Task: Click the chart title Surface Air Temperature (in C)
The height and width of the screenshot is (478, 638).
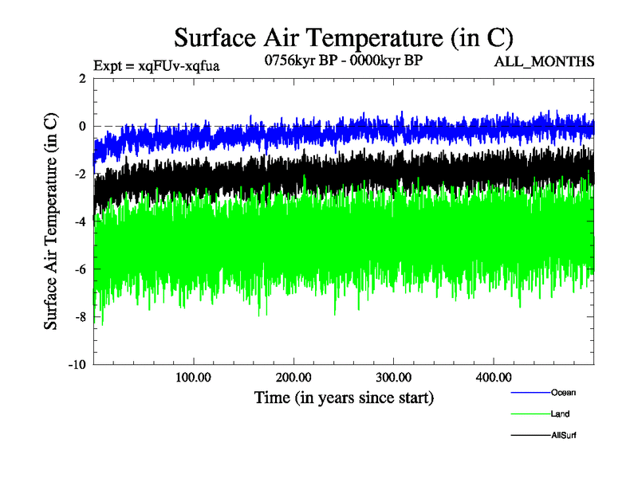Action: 343,37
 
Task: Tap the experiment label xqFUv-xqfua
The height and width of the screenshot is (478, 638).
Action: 156,65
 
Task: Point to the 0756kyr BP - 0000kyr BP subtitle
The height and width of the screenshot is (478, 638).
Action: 342,59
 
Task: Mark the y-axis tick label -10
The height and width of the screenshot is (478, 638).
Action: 77,365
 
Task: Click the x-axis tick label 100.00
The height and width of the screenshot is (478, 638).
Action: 194,377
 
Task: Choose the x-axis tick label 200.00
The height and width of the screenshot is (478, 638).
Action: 293,377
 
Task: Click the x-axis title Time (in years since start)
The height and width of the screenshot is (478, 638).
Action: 344,397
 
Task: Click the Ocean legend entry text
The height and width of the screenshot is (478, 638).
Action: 563,392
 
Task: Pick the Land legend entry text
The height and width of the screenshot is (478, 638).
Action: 560,414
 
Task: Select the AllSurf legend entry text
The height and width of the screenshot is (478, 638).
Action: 563,436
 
